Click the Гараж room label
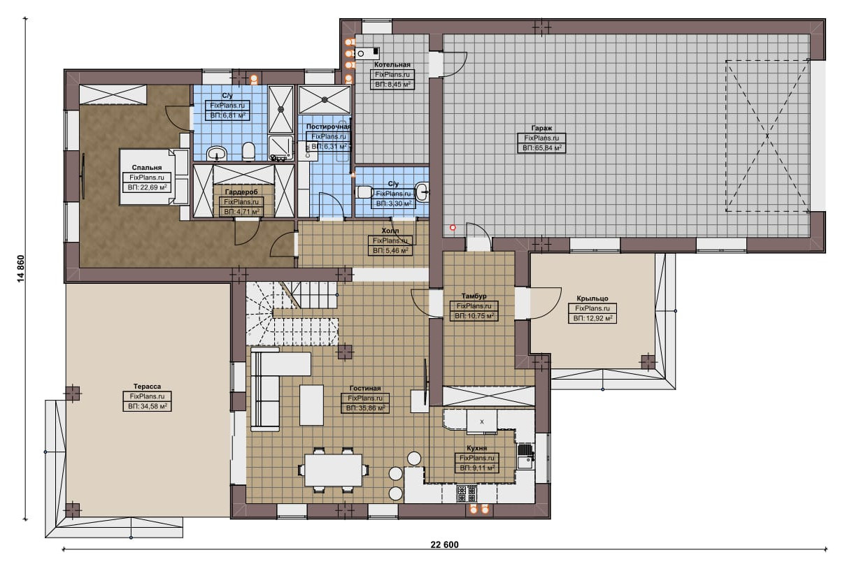[541, 128]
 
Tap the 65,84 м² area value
[546, 148]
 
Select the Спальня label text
[147, 168]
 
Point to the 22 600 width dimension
[445, 545]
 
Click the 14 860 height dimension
[21, 268]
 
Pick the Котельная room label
[392, 64]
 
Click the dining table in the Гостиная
[334, 470]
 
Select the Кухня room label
[477, 448]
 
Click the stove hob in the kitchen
[467, 494]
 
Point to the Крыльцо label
[592, 298]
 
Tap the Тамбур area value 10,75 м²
[479, 316]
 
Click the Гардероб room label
[241, 192]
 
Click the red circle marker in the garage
[453, 228]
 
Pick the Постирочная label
[328, 127]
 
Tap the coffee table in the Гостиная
[311, 405]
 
